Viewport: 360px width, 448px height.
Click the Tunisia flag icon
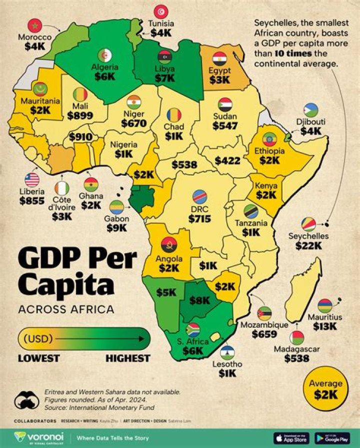pos(161,11)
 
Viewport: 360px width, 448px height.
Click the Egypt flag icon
pos(220,58)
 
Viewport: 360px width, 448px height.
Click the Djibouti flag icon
pos(310,110)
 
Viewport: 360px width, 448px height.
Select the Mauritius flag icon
pos(324,305)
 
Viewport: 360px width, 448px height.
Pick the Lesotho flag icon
pos(227,352)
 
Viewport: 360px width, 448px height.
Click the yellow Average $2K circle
pos(325,389)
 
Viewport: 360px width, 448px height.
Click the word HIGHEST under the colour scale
pos(127,358)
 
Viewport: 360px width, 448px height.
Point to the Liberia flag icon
pos(32,180)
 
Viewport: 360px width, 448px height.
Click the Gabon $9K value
pos(116,228)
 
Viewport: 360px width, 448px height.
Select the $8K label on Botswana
pos(200,301)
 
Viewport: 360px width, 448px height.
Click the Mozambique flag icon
pos(264,314)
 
